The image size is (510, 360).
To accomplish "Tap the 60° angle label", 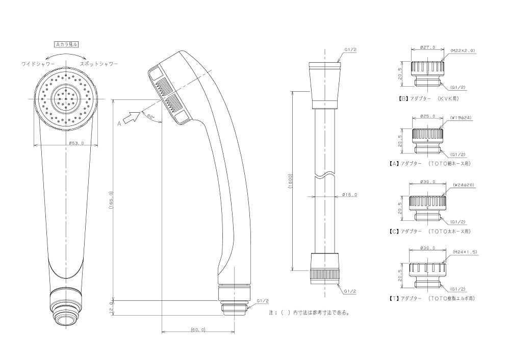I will [x=150, y=116].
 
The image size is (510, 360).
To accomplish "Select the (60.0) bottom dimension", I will [x=197, y=330].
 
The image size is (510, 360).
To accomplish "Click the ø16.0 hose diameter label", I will [x=350, y=194].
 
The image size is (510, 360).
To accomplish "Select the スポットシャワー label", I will [x=99, y=64].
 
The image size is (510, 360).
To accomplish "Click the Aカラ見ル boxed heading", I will [x=66, y=45].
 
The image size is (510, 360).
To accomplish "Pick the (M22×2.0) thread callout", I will [x=463, y=50].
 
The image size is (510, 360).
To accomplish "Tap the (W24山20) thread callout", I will [x=463, y=186].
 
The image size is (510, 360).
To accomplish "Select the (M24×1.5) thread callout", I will [x=463, y=251].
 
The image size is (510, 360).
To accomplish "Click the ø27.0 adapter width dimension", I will [x=427, y=47].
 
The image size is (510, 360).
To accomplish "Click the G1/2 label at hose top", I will [x=350, y=49].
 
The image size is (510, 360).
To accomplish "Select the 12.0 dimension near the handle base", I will [x=111, y=308].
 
